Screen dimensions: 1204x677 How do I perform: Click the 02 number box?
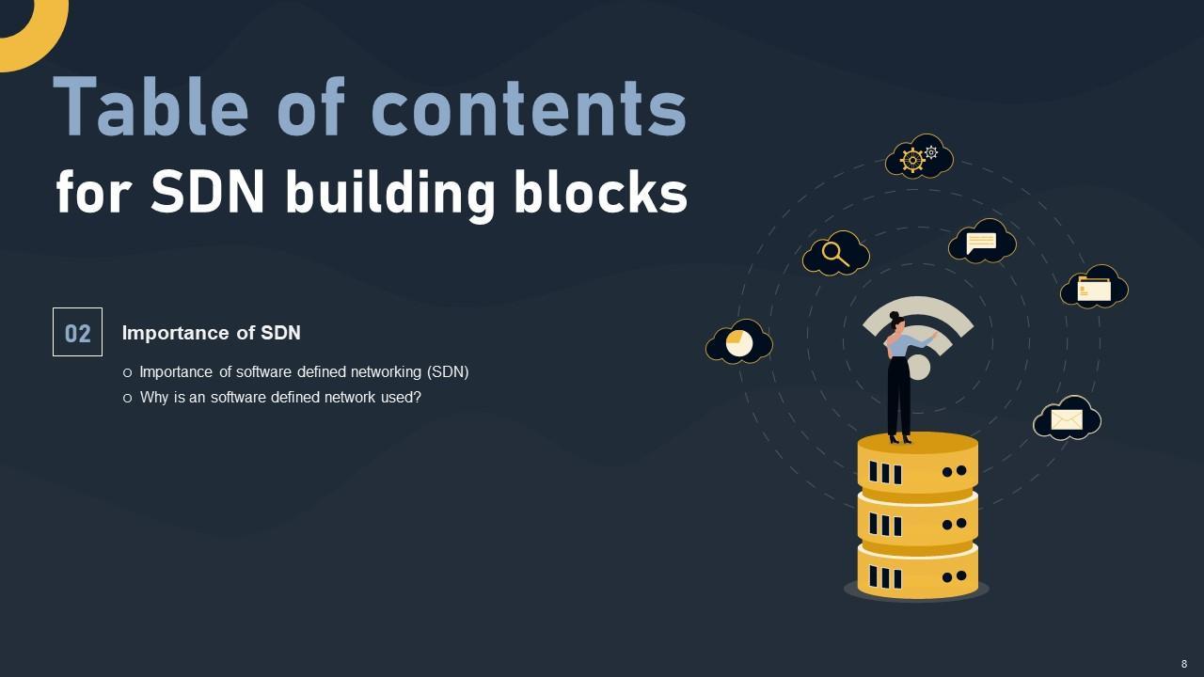[77, 333]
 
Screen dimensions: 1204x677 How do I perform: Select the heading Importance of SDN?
[211, 333]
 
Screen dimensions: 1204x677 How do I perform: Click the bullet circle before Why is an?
[128, 398]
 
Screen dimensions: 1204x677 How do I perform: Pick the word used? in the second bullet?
[399, 397]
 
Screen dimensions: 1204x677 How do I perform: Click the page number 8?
[1184, 664]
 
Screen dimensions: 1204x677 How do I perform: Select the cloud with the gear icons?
[919, 157]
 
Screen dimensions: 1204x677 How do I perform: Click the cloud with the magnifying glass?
[835, 254]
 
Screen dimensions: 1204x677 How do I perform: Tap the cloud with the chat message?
[982, 242]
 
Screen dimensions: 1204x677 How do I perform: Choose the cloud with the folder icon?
[1094, 288]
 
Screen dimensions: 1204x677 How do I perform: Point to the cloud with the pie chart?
[739, 343]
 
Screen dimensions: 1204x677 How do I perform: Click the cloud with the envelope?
[1067, 419]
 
